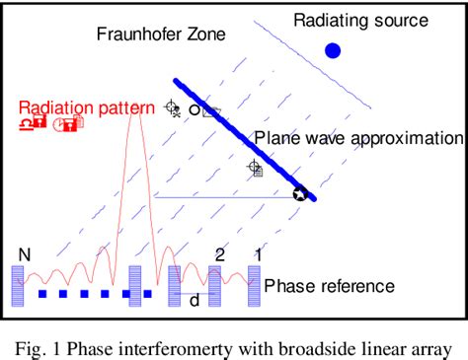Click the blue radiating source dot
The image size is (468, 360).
333,50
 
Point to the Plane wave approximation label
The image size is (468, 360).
358,138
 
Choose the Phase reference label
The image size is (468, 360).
329,286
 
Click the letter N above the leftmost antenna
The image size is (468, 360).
24,255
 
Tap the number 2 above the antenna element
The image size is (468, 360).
220,254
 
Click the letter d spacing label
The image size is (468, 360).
195,301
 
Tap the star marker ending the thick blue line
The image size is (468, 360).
299,194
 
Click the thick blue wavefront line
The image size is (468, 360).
243,138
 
